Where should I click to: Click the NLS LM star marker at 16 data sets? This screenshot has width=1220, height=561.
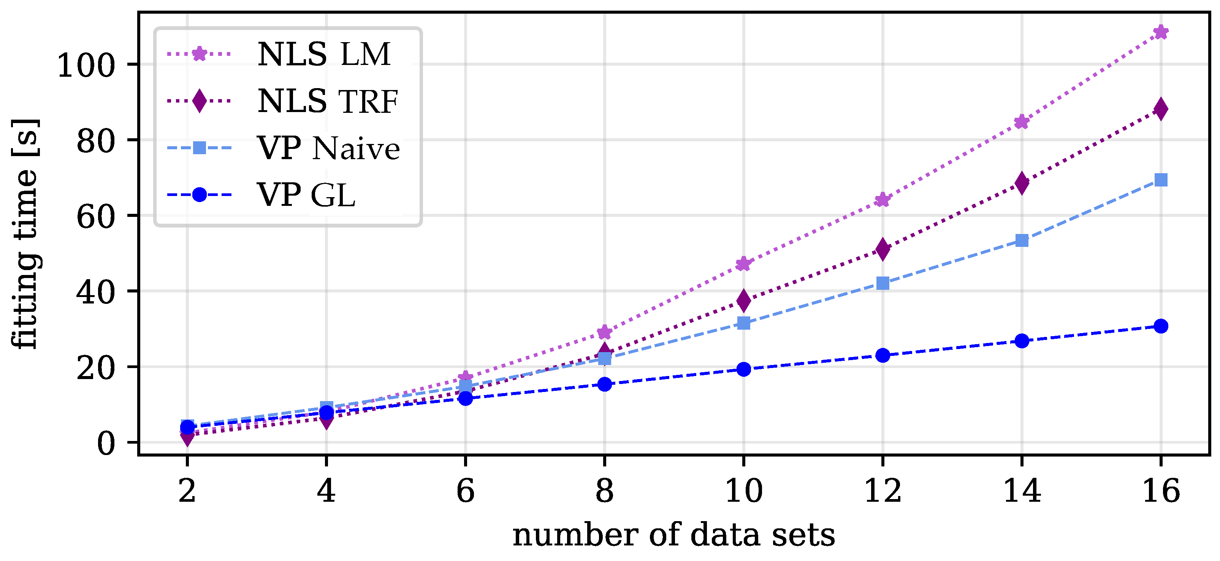[1161, 32]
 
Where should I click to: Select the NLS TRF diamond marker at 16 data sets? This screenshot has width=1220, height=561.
[1161, 109]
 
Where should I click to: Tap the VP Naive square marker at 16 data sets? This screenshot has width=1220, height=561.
[1161, 180]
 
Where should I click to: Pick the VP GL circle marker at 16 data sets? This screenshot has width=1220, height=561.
[1161, 326]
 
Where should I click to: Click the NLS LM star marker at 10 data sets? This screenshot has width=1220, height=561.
[743, 264]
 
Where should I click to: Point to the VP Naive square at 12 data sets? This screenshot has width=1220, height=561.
[883, 283]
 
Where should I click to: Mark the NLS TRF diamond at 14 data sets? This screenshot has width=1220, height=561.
[1022, 183]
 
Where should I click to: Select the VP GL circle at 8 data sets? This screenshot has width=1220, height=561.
[604, 384]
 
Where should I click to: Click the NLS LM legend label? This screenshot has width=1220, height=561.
[324, 54]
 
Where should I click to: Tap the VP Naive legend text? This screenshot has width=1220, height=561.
[329, 148]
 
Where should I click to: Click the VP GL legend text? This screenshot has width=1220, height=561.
[306, 195]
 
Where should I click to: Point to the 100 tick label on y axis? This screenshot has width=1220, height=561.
[86, 65]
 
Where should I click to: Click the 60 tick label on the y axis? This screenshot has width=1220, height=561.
[96, 216]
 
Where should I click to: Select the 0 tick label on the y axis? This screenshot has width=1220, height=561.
[106, 443]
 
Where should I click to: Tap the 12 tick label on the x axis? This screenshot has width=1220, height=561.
[883, 491]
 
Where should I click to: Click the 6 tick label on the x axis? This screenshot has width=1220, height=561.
[466, 491]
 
